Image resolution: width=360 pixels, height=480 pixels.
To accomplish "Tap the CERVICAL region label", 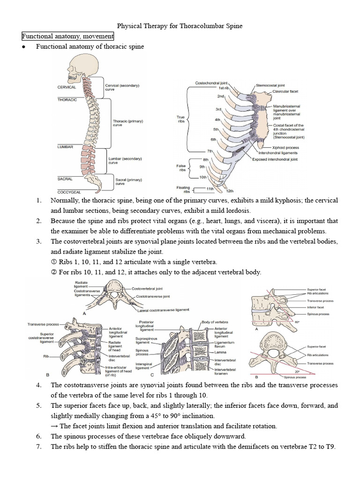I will click(x=67, y=87).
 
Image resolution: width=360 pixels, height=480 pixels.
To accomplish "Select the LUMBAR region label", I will click(x=65, y=147).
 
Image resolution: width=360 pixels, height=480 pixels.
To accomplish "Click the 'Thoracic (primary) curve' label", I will click(x=128, y=123).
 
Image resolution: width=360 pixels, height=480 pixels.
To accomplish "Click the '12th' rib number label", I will click(x=230, y=191).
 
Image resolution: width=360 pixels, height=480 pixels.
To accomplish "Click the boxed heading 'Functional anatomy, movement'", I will click(x=67, y=37).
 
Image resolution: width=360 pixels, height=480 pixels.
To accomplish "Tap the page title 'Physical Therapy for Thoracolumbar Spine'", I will click(x=180, y=26).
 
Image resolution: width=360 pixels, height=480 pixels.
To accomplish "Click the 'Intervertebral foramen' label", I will click(x=225, y=372).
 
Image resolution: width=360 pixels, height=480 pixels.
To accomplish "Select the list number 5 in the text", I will click(x=39, y=405).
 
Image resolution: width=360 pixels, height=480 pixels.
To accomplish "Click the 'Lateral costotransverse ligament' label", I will click(x=164, y=310).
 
